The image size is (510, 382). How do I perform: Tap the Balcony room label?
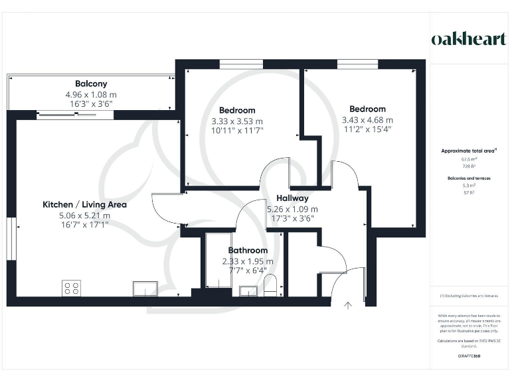(91, 84)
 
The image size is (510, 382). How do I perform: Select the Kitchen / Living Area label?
(84, 204)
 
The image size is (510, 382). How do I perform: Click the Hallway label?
(292, 198)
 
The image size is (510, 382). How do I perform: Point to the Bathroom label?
(248, 251)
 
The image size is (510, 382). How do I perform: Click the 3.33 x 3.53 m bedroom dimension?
(237, 121)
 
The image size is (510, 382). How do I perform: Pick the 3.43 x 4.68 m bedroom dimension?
(367, 120)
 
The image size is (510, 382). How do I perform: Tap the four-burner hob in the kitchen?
(71, 288)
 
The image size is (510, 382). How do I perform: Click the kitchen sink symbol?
(145, 288)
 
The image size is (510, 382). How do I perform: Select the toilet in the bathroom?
(270, 286)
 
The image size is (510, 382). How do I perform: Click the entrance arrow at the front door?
(348, 306)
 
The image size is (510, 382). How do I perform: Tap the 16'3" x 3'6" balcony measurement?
(91, 104)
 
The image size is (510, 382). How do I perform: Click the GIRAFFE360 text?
(469, 356)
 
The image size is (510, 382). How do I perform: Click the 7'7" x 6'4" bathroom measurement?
(248, 271)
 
